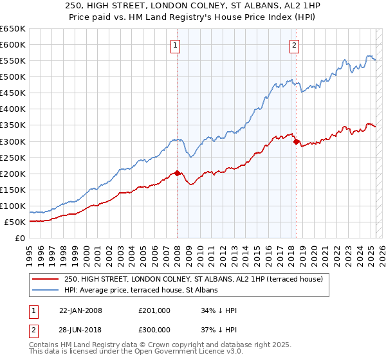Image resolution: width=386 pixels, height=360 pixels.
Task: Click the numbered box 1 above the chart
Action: (x=176, y=45)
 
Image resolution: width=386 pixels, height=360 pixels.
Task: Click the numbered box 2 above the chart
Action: (x=294, y=45)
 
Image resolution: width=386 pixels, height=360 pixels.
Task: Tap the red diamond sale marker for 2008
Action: (x=178, y=173)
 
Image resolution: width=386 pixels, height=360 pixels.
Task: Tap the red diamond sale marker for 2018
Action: (x=296, y=141)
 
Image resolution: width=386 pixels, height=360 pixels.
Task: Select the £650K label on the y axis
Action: (x=13, y=29)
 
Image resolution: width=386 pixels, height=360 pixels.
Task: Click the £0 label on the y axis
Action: (x=19, y=238)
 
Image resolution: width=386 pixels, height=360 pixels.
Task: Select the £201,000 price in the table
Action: (x=154, y=310)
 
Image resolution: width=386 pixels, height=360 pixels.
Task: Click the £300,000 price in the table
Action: (x=154, y=331)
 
